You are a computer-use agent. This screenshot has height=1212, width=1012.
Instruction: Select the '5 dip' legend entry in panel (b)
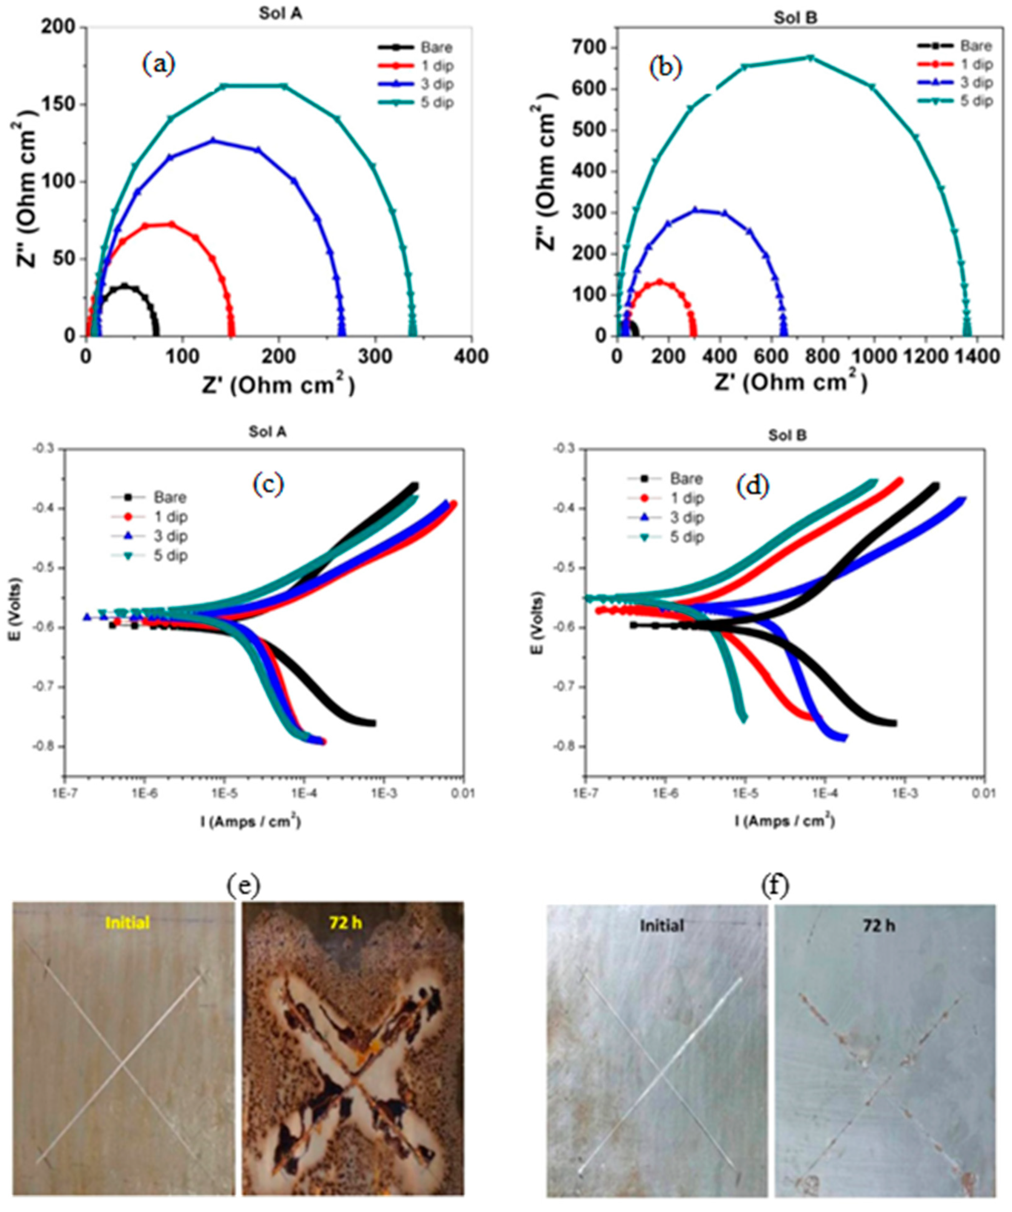pyautogui.click(x=976, y=101)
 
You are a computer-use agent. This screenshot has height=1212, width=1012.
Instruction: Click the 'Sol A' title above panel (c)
pyautogui.click(x=268, y=431)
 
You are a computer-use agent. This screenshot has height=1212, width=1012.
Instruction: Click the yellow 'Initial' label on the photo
pyautogui.click(x=127, y=922)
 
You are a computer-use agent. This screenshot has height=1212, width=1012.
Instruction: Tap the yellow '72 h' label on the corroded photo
pyautogui.click(x=347, y=922)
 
